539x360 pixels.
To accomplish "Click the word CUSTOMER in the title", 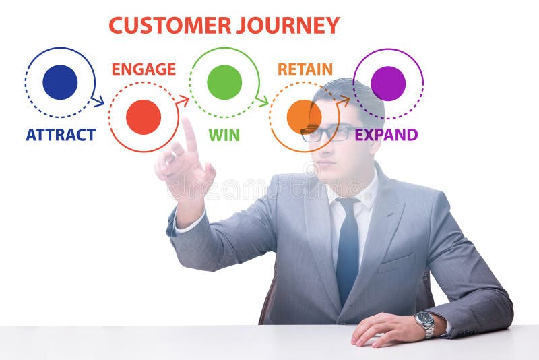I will click(x=170, y=26).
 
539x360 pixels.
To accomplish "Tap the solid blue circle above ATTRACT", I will click(x=60, y=82).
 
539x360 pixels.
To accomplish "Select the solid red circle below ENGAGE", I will click(x=144, y=117).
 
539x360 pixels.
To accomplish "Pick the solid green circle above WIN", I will click(x=224, y=82).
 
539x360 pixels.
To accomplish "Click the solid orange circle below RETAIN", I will click(x=304, y=117).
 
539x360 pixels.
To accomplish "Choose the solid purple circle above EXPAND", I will click(x=388, y=84).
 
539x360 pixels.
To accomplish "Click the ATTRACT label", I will click(x=61, y=135).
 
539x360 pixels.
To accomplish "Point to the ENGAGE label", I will click(x=144, y=69).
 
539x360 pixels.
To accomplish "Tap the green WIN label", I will click(x=224, y=135).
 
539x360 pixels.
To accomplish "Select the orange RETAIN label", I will click(x=305, y=69).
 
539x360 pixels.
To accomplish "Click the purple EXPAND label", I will click(x=386, y=135).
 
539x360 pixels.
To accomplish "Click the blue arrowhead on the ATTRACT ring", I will click(x=99, y=102).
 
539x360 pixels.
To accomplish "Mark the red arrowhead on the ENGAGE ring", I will click(x=183, y=100).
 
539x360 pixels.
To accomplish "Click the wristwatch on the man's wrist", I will click(x=424, y=324).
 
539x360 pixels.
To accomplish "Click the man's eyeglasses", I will click(x=327, y=133).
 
